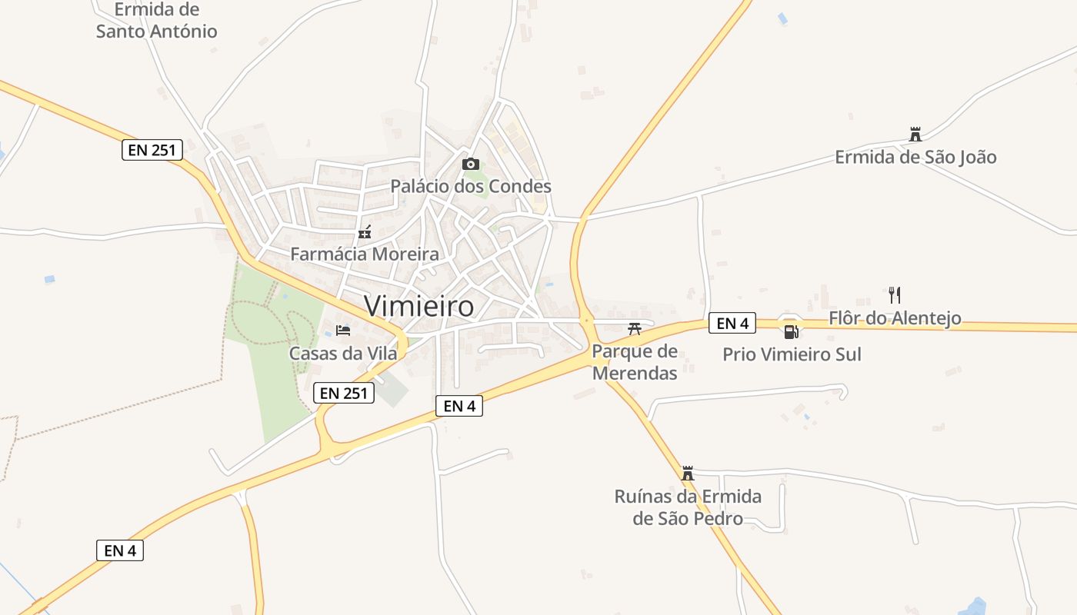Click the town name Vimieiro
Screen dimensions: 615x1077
point(419,306)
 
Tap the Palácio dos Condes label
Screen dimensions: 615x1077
point(471,186)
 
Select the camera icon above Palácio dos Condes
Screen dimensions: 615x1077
point(471,164)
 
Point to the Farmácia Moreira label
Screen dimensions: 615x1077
point(365,254)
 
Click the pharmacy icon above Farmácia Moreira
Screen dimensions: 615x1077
point(365,231)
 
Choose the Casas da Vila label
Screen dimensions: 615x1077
point(343,353)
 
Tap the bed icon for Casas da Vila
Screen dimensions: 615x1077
point(343,331)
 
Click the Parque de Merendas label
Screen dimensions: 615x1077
point(635,363)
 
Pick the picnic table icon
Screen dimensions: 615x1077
point(635,329)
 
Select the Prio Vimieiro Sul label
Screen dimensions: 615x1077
point(792,354)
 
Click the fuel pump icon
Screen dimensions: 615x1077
point(790,332)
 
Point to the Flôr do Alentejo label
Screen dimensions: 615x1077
point(895,317)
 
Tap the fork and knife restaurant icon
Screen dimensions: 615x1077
point(894,295)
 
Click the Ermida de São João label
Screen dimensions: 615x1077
point(915,157)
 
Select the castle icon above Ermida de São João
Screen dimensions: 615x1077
point(915,135)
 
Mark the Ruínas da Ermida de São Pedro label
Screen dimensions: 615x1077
point(688,507)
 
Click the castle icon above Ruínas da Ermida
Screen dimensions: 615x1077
point(688,474)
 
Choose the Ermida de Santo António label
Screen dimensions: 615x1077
point(157,21)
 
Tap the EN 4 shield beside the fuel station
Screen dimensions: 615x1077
point(732,324)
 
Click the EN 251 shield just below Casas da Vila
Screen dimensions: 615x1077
point(344,393)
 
